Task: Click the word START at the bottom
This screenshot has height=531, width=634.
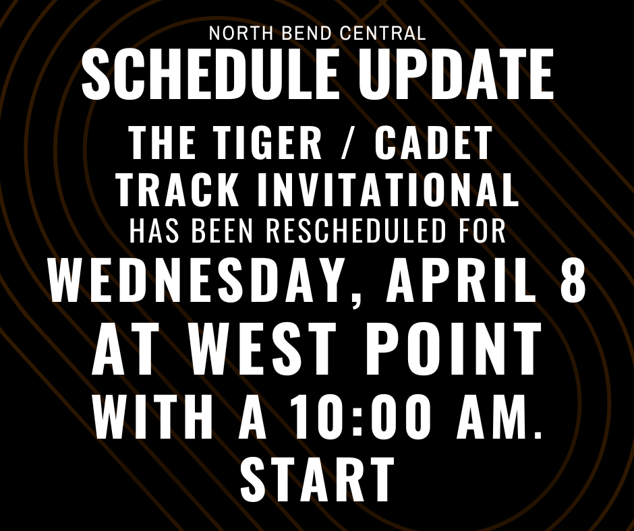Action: click(317, 478)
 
